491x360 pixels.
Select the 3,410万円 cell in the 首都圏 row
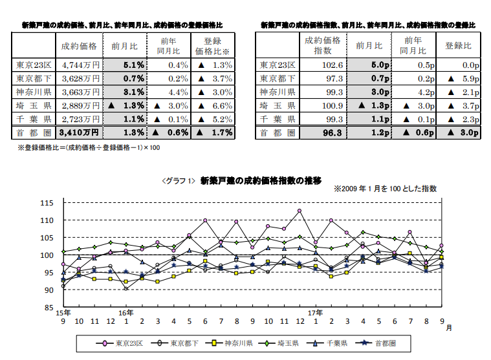click(x=79, y=132)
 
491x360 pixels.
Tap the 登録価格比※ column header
click(x=213, y=45)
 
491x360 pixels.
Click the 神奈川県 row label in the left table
click(x=34, y=92)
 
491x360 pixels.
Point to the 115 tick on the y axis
click(x=47, y=203)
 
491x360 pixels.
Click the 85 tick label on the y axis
click(x=48, y=308)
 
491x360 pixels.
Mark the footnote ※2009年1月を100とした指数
click(x=385, y=189)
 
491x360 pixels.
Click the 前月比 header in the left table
click(x=123, y=45)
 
